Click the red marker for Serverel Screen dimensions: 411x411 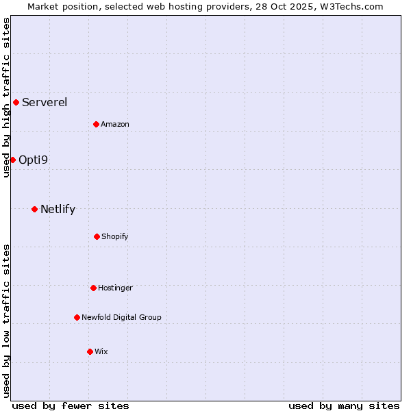(16, 103)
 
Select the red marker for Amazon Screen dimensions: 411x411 (96, 124)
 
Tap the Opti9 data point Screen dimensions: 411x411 (12, 160)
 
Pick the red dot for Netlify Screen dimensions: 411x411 (34, 209)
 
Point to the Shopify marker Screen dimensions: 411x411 (97, 236)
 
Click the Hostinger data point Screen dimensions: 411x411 (93, 288)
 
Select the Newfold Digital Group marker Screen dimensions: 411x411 (77, 317)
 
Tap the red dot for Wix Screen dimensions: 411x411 (90, 351)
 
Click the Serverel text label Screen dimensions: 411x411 (45, 103)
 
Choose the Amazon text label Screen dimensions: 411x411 (115, 124)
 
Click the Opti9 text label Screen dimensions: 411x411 (33, 160)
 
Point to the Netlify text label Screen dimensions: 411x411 (58, 209)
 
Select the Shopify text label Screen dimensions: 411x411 (115, 236)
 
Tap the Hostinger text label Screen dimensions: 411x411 (115, 288)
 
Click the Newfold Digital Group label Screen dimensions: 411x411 (121, 317)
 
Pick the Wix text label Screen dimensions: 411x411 (101, 351)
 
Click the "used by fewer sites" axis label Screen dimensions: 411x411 (71, 406)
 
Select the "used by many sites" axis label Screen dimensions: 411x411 (344, 406)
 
